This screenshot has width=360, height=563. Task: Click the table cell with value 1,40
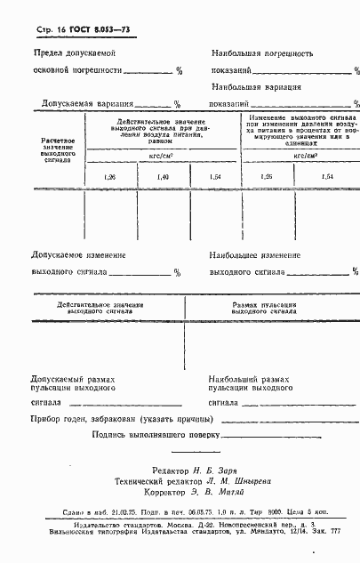(x=163, y=178)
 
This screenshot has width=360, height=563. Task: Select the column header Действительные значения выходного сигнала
(x=100, y=309)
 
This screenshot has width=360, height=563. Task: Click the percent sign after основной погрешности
(x=179, y=70)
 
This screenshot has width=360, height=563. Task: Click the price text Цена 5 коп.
(x=315, y=513)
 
